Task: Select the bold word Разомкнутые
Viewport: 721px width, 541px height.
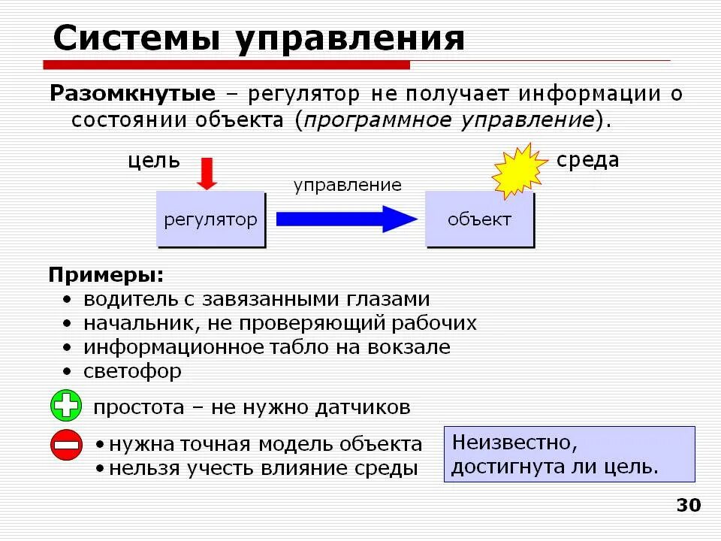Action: click(x=132, y=94)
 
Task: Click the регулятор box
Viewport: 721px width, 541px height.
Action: click(x=210, y=219)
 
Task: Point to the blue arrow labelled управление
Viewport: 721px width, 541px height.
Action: click(x=345, y=219)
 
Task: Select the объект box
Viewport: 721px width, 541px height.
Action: click(x=479, y=219)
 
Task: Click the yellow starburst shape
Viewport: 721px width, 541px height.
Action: click(x=520, y=172)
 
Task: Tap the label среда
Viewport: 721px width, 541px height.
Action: click(x=587, y=160)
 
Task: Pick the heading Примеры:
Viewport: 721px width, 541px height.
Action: click(x=105, y=274)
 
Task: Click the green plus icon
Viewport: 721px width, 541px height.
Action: click(x=66, y=407)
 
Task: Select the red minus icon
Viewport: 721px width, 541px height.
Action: click(x=66, y=445)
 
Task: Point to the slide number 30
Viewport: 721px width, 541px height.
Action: click(x=688, y=505)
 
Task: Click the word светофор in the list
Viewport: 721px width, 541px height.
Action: click(x=132, y=371)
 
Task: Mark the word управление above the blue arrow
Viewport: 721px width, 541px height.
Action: click(x=347, y=185)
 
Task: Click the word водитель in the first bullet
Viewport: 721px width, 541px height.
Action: click(x=127, y=299)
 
